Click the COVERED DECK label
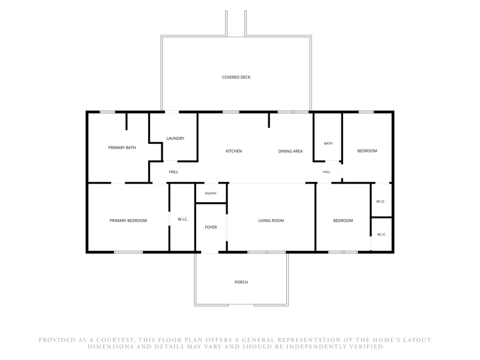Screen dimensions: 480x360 coord(236,77)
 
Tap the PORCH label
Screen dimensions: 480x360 coord(241,282)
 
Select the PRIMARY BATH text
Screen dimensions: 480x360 coord(122,148)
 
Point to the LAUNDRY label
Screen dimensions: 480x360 coord(175,139)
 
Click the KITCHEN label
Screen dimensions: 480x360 coord(234,151)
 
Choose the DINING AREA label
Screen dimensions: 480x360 coord(290,151)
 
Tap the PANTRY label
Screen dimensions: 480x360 coord(211,193)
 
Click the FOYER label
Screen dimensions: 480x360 coord(211,227)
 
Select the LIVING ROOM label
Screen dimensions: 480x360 coord(271,220)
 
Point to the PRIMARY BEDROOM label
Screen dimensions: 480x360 coord(128,220)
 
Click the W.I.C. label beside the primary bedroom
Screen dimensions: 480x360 coord(183,220)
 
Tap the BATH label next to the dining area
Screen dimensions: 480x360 coord(328,143)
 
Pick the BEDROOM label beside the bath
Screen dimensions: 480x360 coord(367,151)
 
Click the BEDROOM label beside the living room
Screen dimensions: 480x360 coord(343,220)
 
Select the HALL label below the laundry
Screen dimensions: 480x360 coord(173,172)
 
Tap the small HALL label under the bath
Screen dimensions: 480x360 coord(326,172)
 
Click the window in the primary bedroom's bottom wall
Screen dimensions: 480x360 coord(128,252)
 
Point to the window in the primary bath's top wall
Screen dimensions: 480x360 coord(107,112)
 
